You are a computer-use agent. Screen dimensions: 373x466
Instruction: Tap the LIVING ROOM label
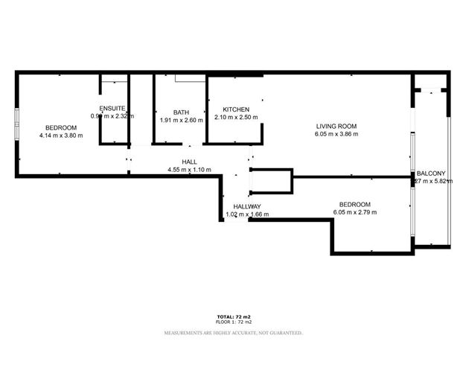point(336,127)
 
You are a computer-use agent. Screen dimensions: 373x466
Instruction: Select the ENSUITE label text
point(112,109)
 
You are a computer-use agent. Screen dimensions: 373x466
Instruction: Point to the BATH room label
point(181,112)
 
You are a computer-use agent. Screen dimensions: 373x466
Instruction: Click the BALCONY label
point(431,173)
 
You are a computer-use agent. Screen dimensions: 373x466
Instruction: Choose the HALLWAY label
point(246,206)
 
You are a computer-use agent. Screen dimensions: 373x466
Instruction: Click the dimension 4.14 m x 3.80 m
point(61,136)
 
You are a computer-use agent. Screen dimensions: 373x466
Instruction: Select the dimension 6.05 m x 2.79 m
point(355,212)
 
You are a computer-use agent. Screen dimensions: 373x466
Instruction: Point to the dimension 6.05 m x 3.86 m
point(336,135)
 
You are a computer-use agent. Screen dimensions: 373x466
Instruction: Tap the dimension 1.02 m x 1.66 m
point(247,214)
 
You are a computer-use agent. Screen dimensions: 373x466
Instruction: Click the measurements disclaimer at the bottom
point(233,332)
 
